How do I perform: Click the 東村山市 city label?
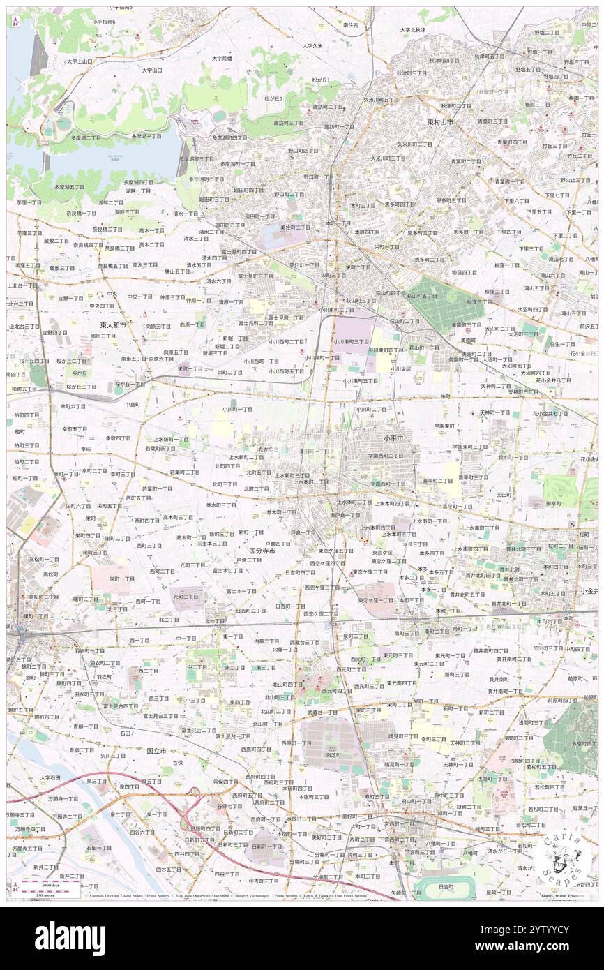click(x=440, y=121)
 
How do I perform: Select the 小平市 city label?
click(x=398, y=438)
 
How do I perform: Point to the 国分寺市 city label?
click(x=262, y=551)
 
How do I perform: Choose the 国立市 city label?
click(x=156, y=751)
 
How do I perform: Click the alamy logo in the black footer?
click(x=70, y=938)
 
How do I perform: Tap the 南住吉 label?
click(x=350, y=25)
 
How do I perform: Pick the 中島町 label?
click(x=133, y=404)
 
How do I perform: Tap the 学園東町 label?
click(x=444, y=426)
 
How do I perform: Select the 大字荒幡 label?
click(x=222, y=58)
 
